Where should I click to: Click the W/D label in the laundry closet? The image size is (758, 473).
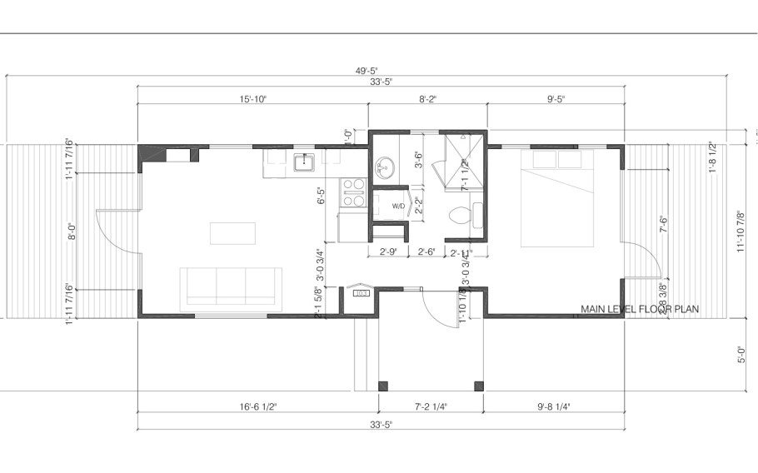tap(398, 207)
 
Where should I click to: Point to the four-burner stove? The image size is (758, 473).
tap(354, 192)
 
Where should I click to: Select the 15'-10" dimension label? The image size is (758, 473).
tap(252, 98)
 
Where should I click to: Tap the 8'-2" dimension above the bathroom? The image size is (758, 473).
tap(427, 98)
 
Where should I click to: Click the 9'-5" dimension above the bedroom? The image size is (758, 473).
tap(556, 98)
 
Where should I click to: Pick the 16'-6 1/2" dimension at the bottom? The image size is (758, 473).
tap(257, 407)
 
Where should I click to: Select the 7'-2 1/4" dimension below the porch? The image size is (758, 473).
tap(431, 407)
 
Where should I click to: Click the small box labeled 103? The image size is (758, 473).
tap(362, 293)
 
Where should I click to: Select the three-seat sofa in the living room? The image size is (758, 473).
tap(232, 286)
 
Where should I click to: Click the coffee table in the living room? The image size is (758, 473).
tap(232, 232)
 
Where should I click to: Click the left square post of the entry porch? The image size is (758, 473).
tap(383, 386)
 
